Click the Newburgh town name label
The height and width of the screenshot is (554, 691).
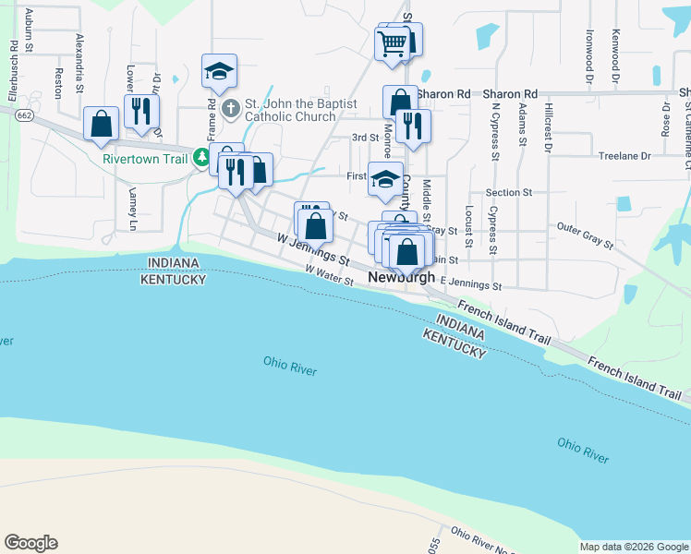tap(401, 277)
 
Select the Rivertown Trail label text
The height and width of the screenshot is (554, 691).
tap(146, 158)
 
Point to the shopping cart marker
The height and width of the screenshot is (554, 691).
tap(393, 42)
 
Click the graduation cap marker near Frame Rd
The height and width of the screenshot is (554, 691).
tap(220, 71)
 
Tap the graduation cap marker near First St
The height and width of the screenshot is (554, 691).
tap(385, 179)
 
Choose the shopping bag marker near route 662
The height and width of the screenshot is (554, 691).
tap(101, 125)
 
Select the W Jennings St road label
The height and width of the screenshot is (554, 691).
tap(313, 251)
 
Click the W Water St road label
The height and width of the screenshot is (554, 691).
tap(331, 276)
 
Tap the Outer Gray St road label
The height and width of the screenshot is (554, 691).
tap(585, 236)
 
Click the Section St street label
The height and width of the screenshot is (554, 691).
tap(509, 192)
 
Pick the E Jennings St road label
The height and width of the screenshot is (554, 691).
tap(470, 286)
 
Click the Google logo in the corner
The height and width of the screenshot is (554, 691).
tap(30, 543)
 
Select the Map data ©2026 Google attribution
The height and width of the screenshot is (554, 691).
tap(635, 547)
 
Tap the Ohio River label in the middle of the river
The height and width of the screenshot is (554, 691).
tap(289, 366)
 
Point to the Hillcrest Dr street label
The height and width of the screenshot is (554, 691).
tap(549, 126)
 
